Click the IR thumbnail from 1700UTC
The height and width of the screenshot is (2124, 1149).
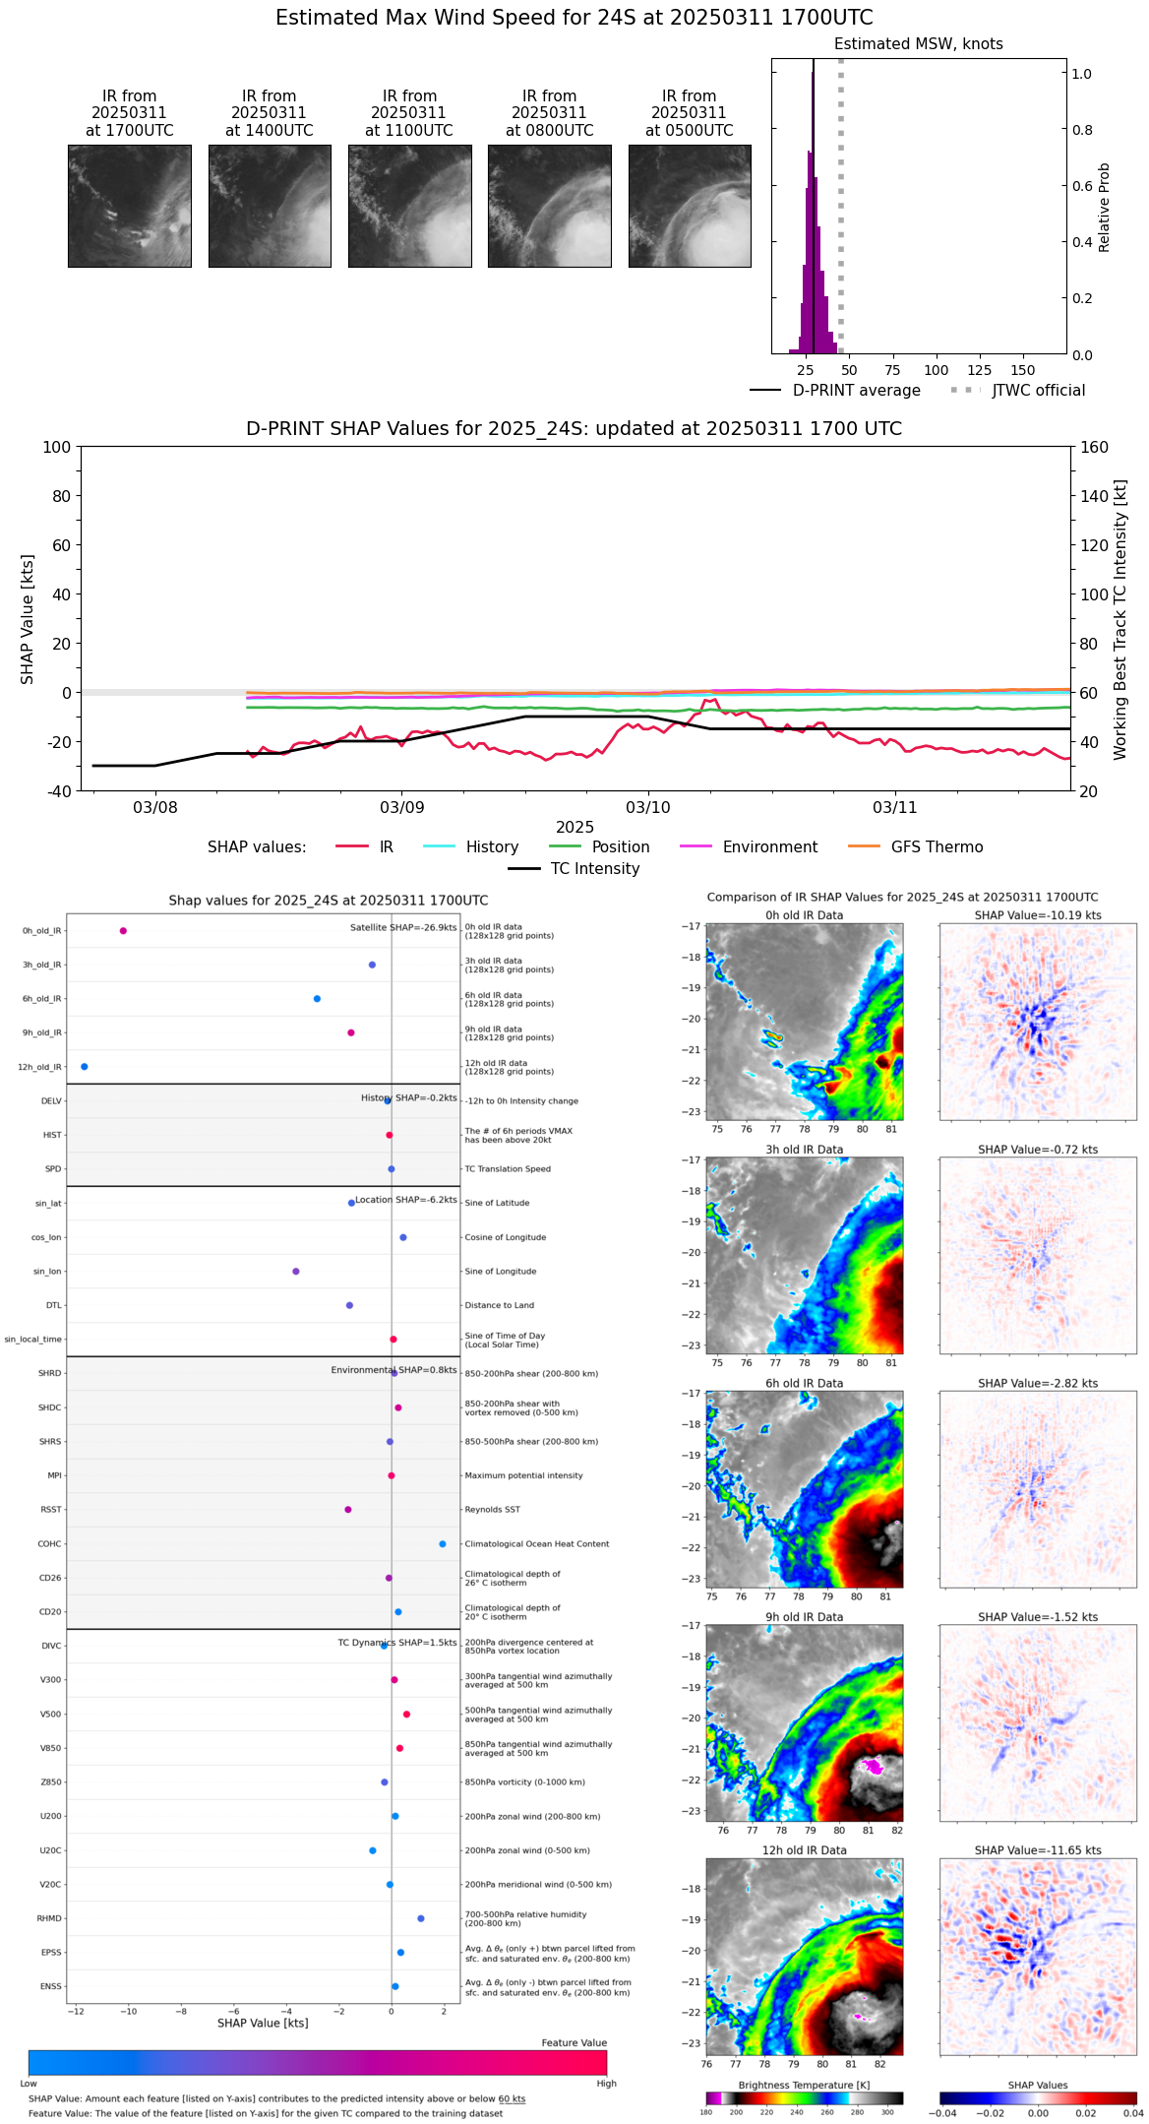(129, 206)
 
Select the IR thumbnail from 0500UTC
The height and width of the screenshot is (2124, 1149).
(689, 206)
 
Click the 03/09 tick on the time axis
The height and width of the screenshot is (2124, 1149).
(401, 808)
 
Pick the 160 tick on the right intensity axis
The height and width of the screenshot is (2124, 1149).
(1095, 447)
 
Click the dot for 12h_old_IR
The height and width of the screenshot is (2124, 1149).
(84, 1067)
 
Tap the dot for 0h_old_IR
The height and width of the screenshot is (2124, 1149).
(123, 931)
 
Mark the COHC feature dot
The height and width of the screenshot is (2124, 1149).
(443, 1544)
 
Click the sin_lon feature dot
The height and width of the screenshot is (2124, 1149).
(296, 1272)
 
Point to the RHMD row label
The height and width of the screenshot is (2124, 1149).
(49, 1918)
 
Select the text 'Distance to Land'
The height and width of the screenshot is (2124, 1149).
(499, 1306)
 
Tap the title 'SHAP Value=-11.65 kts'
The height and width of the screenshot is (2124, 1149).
(1038, 1850)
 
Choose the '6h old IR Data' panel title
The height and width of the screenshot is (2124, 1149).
(804, 1383)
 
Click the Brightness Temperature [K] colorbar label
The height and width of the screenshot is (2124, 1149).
(804, 2085)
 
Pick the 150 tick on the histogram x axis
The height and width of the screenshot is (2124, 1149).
(1023, 371)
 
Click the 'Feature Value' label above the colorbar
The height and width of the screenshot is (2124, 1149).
(574, 2043)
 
